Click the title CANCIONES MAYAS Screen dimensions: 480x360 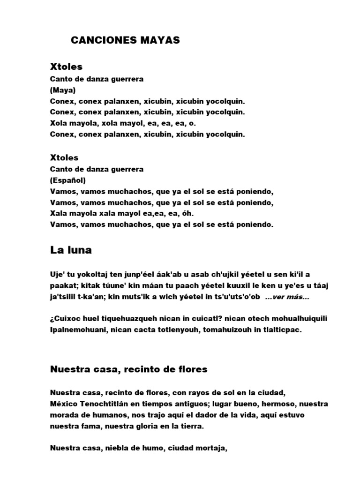(x=125, y=41)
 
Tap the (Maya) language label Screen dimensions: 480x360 (x=63, y=90)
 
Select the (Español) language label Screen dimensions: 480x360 (x=68, y=180)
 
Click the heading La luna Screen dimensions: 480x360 (x=71, y=250)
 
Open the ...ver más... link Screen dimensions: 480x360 (x=286, y=297)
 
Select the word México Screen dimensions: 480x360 (x=63, y=404)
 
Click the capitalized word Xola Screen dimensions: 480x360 (x=59, y=123)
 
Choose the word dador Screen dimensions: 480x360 (x=218, y=415)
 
